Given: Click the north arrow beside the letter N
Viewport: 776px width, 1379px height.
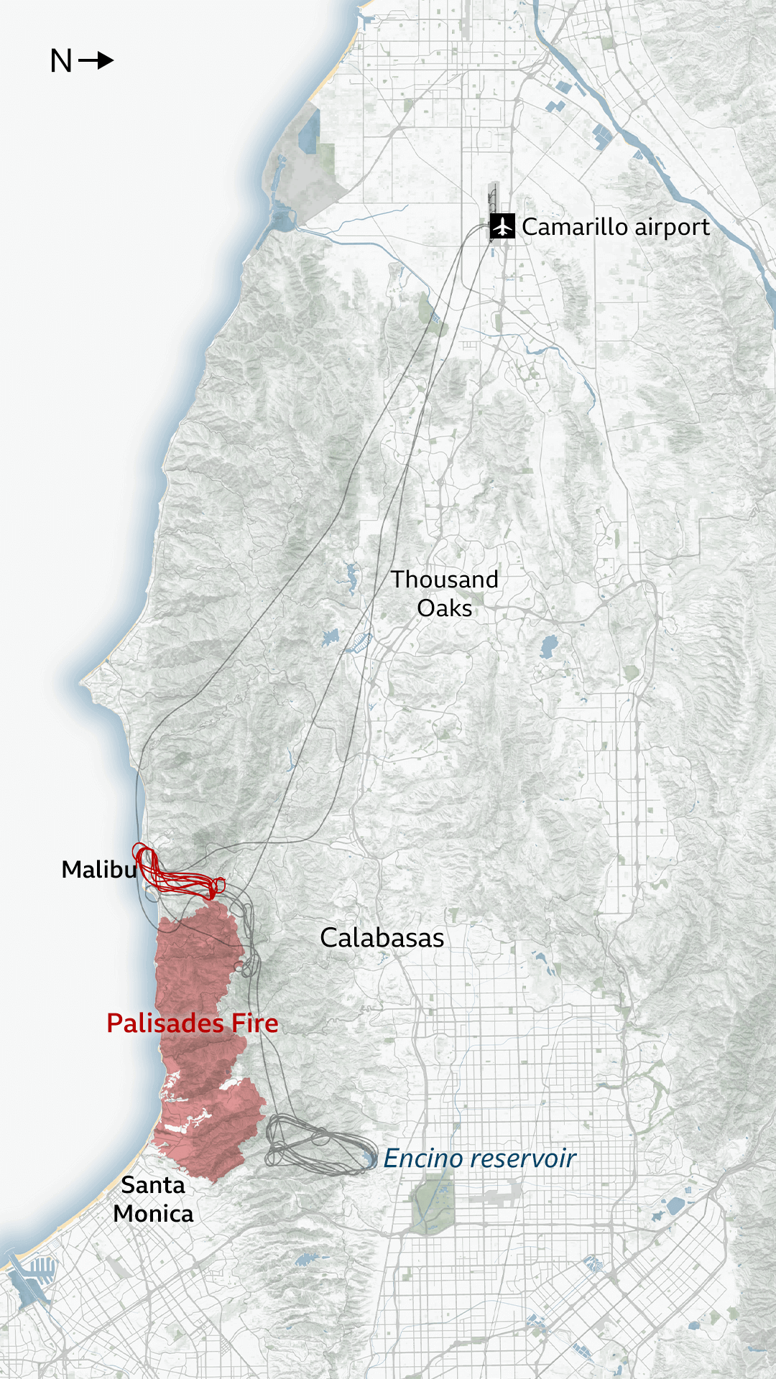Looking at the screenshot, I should [x=96, y=60].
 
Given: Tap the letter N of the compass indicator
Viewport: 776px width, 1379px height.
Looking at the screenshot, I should [x=61, y=61].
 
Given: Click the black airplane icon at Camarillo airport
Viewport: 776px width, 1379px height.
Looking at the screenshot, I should [x=502, y=226].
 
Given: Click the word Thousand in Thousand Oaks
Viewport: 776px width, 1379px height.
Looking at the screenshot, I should [x=444, y=580].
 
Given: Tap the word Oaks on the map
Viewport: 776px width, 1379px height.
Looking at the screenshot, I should [x=444, y=608].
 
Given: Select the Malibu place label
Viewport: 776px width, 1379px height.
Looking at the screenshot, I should [x=98, y=870].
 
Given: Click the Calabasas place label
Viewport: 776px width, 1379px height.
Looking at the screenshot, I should [x=382, y=938].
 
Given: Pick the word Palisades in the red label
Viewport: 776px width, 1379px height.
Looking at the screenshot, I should [x=166, y=1023].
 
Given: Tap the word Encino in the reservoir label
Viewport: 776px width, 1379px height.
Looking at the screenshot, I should [x=422, y=1159].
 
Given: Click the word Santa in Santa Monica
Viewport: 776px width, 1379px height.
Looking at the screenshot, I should [x=152, y=1185].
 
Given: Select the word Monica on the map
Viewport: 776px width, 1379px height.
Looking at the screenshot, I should [x=153, y=1214].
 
